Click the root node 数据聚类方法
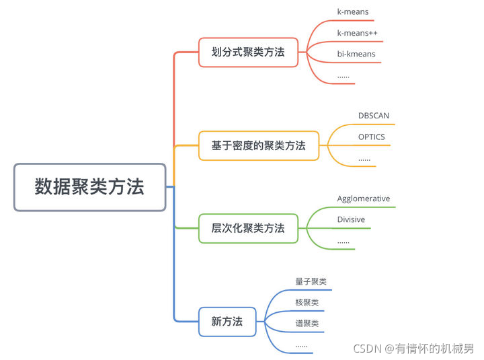click(89, 187)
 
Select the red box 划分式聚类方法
click(248, 52)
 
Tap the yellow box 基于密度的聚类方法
click(258, 145)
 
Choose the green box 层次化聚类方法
click(248, 228)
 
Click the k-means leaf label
click(353, 11)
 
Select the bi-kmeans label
click(356, 53)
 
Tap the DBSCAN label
click(373, 115)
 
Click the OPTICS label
click(372, 137)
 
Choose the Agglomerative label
click(363, 199)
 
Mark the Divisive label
click(350, 219)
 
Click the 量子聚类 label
click(311, 282)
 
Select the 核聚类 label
click(307, 302)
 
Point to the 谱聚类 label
click(307, 323)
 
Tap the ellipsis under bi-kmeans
click(343, 75)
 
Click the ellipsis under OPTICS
click(364, 159)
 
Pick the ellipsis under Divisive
click(343, 241)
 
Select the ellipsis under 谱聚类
click(301, 345)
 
